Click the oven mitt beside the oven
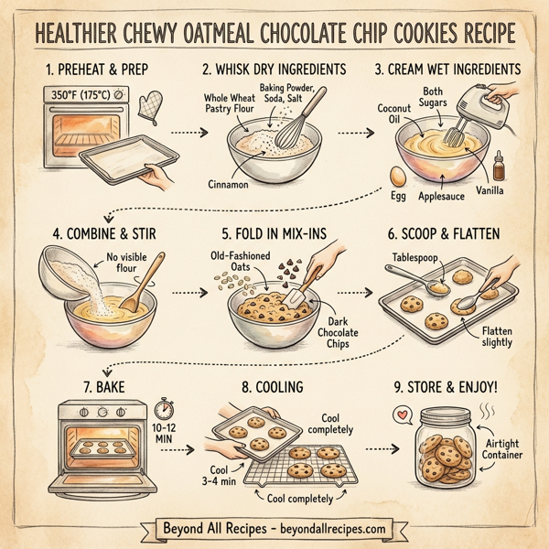pyautogui.click(x=148, y=107)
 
